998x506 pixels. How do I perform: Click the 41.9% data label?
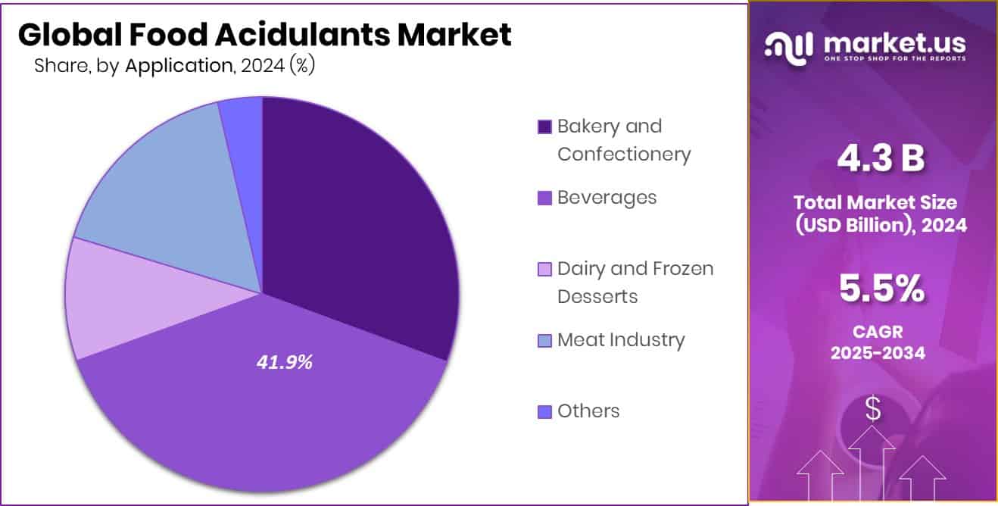[285, 363]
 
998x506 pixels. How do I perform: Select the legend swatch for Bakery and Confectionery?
[544, 126]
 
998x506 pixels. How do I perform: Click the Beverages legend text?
[607, 197]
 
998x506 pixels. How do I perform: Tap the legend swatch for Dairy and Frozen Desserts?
[544, 269]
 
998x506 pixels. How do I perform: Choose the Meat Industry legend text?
[620, 339]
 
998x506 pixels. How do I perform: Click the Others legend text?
[588, 411]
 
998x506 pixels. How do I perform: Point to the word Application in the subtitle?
[179, 66]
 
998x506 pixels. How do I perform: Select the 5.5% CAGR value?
[881, 288]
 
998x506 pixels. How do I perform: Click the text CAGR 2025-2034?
[878, 342]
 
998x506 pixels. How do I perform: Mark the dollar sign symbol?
[873, 410]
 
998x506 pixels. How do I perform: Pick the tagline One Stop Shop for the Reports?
[894, 59]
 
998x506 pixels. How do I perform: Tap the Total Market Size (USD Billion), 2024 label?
[881, 214]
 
